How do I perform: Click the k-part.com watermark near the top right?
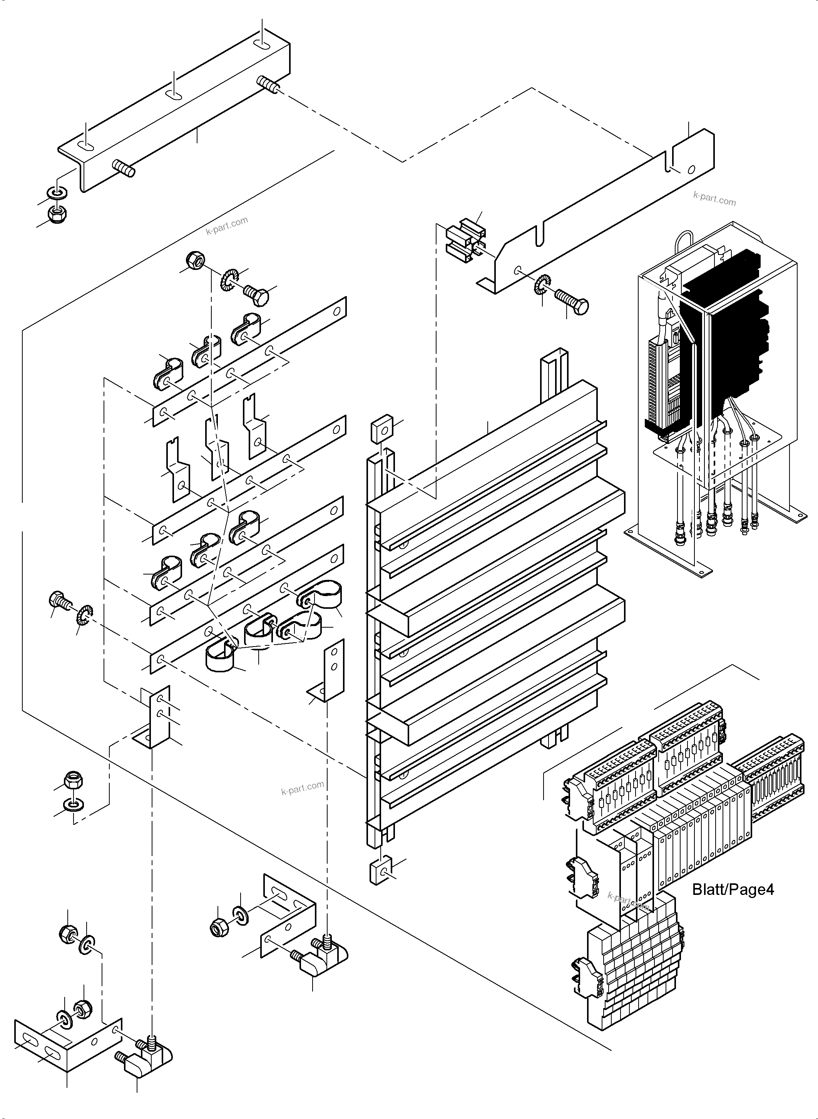(714, 199)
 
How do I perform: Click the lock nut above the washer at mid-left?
(74, 781)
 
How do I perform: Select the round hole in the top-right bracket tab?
(691, 169)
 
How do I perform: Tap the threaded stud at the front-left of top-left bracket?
(124, 168)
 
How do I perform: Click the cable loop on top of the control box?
(683, 243)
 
